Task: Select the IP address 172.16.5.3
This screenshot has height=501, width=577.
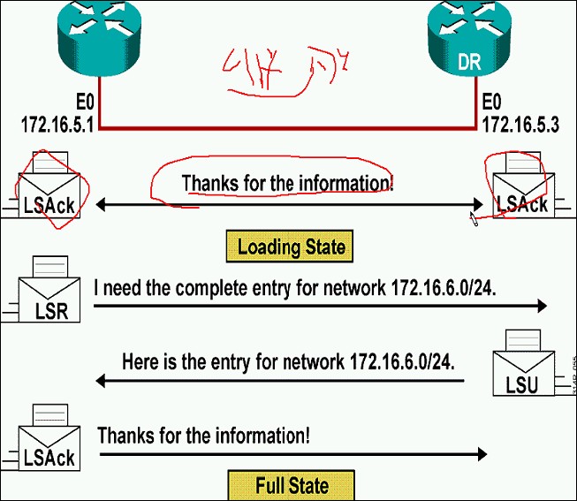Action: pos(522,125)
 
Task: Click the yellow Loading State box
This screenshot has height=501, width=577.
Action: pos(291,246)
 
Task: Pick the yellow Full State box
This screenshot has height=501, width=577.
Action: pos(292,485)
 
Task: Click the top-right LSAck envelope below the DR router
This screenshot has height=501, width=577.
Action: pos(521,191)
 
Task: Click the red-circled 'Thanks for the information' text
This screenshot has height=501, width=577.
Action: pos(287,184)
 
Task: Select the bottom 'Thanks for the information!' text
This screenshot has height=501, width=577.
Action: pos(203,436)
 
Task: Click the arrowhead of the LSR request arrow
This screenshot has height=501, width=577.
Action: pos(542,306)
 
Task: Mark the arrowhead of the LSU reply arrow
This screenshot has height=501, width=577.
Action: pos(99,381)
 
